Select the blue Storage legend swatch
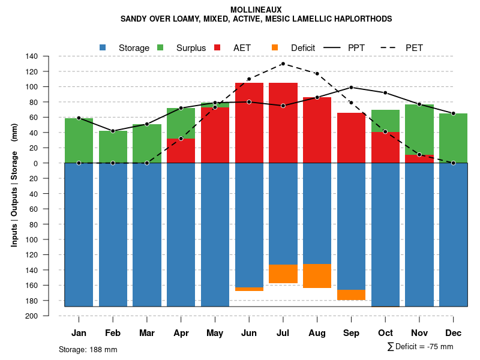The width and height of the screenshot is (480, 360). [103, 47]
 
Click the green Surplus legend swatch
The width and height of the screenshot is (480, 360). [160, 47]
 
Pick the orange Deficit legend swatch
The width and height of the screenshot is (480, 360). [275, 47]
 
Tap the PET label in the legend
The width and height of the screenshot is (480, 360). [414, 47]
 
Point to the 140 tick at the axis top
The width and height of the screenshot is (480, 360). [32, 56]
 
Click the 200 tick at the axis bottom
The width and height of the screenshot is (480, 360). [32, 316]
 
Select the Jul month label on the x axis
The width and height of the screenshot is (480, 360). [283, 333]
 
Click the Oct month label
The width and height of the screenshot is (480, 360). [385, 333]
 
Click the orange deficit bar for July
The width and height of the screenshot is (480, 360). [283, 274]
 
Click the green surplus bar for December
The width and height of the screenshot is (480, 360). [453, 138]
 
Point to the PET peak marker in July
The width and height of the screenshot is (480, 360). [283, 64]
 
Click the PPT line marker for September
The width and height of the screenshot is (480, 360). [351, 88]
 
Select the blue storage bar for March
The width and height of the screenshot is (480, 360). [146, 234]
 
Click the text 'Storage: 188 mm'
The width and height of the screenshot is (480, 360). [88, 349]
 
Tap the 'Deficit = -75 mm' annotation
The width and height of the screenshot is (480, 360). [424, 347]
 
